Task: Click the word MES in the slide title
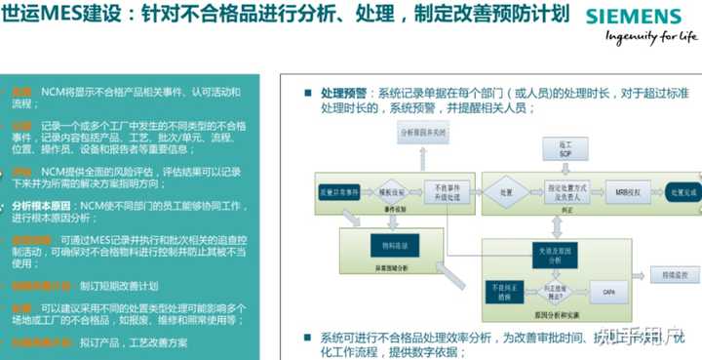pyautogui.click(x=55, y=19)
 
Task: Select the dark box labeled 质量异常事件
pyautogui.click(x=335, y=191)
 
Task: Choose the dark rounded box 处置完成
pyautogui.click(x=679, y=191)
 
